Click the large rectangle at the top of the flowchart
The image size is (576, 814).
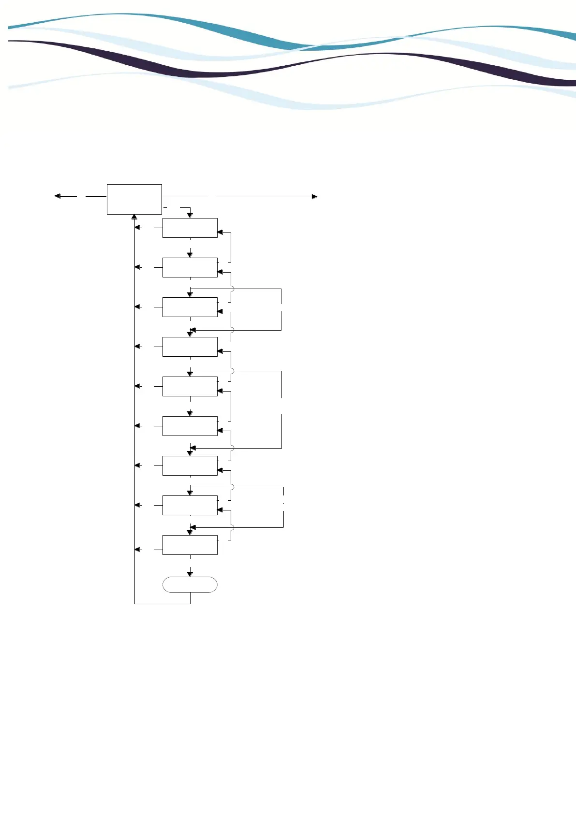(134, 199)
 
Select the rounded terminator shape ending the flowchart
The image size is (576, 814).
(190, 584)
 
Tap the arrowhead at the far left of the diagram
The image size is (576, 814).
(57, 196)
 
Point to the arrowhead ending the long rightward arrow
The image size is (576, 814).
(315, 197)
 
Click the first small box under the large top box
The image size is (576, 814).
(190, 228)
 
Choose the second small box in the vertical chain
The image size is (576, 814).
(190, 267)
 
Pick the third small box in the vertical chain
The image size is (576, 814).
(190, 307)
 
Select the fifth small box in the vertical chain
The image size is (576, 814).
(190, 386)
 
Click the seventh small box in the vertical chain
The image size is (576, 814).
(190, 465)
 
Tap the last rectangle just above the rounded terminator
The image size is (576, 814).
(190, 545)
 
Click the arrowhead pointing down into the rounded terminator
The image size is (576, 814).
(190, 574)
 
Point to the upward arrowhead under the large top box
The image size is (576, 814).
(134, 217)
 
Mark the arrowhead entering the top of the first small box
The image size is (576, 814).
(190, 215)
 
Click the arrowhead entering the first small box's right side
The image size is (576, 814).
(220, 233)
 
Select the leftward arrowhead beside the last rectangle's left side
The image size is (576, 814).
(138, 550)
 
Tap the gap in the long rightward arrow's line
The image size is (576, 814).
(212, 197)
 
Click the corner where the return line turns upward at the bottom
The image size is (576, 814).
(134, 603)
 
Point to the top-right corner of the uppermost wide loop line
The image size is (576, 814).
(281, 289)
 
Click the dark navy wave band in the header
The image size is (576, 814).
(193, 73)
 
